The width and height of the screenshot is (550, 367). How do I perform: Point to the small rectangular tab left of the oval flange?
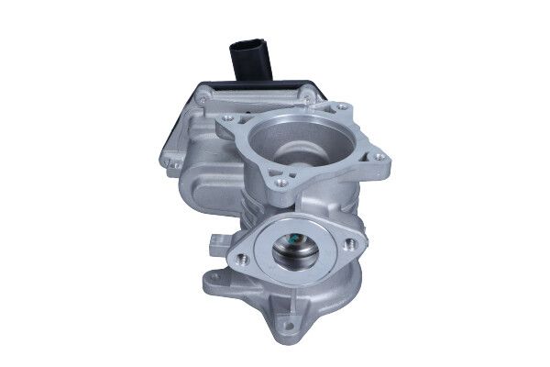(x=215, y=239)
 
